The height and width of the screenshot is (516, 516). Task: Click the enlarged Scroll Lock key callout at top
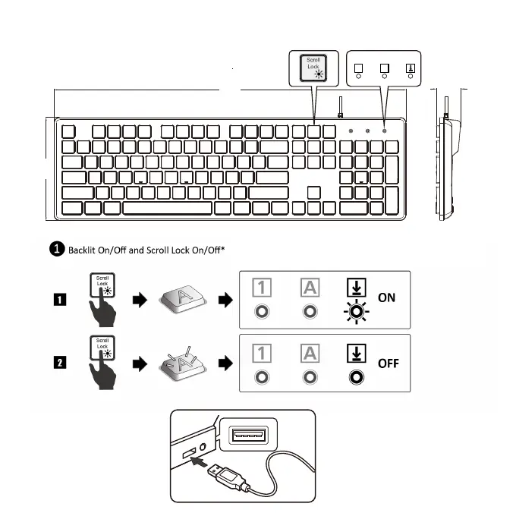(x=313, y=67)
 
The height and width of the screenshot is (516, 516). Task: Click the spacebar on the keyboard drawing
(x=167, y=207)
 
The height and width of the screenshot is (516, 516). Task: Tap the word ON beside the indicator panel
(x=387, y=297)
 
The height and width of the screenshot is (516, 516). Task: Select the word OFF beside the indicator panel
(x=389, y=363)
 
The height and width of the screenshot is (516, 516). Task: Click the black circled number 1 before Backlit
(x=57, y=249)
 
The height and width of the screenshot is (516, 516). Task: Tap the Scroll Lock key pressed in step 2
(x=102, y=350)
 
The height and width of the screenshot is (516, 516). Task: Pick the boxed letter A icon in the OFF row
(x=310, y=354)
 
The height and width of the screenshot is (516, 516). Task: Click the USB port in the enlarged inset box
(x=248, y=436)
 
